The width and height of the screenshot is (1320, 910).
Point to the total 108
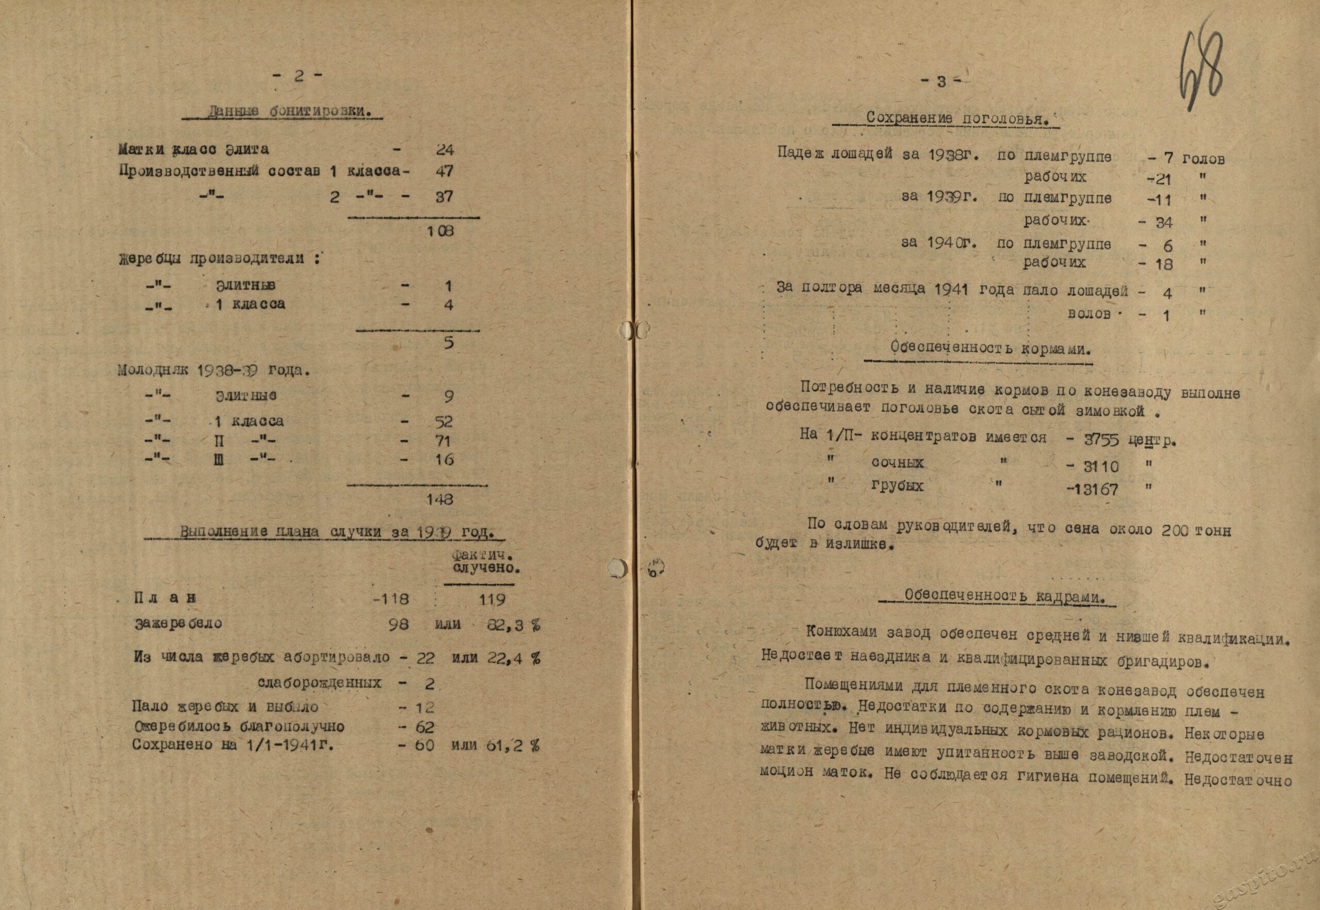[x=440, y=231]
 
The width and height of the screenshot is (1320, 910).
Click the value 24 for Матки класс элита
[x=444, y=150]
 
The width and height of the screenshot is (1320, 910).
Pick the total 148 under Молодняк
[x=440, y=499]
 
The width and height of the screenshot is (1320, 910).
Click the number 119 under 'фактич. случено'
[x=492, y=599]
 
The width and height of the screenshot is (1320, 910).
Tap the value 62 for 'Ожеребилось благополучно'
[x=424, y=727]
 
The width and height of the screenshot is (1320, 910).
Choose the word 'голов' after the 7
[x=1203, y=159]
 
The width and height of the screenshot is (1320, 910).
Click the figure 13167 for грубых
[x=1095, y=489]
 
